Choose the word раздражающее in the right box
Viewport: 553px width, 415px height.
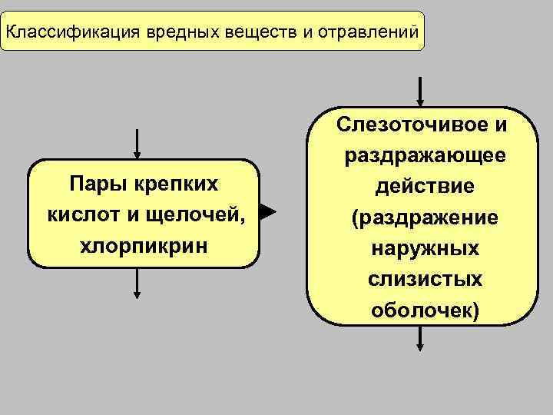pos(425,156)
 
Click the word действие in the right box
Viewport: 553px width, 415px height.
pos(425,188)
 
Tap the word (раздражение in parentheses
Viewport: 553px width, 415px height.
pos(425,218)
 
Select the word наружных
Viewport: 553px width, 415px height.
pos(425,249)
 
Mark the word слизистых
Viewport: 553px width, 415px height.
pos(425,280)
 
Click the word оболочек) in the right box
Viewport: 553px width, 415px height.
pos(425,310)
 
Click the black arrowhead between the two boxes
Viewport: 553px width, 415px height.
pos(267,213)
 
